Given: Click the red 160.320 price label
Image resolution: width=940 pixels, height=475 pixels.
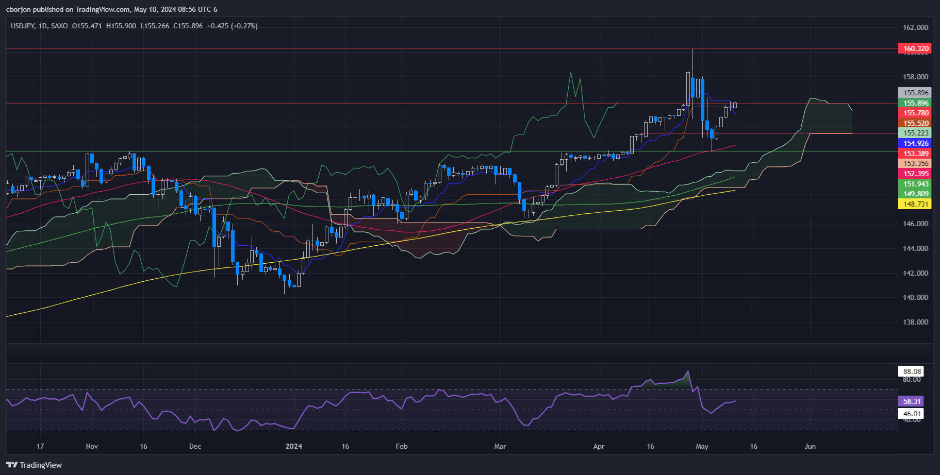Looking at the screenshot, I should [916, 49].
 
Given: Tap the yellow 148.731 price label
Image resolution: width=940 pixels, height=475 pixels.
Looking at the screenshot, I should [916, 204].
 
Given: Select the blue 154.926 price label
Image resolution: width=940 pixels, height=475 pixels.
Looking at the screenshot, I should [916, 143].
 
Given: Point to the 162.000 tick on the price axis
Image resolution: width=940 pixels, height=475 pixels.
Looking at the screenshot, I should [915, 27].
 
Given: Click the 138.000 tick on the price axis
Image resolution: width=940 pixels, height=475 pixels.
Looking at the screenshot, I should [915, 322].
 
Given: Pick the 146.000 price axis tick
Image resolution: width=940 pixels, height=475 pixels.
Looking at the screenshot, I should [915, 224].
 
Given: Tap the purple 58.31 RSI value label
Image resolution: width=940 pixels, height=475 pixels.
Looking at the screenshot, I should [911, 401].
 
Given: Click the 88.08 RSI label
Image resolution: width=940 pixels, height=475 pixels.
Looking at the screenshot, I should [912, 371].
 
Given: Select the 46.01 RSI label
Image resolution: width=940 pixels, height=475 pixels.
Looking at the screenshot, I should [912, 414].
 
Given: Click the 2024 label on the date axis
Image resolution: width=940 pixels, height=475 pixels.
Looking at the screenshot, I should [294, 446].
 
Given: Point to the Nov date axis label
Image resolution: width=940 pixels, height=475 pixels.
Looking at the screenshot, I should [92, 446].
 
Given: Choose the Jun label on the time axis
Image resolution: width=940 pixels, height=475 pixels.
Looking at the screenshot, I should [810, 446].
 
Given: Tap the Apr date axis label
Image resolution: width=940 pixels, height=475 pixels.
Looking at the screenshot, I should [599, 446].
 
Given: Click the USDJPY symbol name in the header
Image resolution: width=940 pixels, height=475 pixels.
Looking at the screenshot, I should [23, 26].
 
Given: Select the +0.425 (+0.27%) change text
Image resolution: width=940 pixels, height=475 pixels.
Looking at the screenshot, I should [232, 26].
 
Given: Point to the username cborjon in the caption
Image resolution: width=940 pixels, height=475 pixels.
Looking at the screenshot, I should [19, 9].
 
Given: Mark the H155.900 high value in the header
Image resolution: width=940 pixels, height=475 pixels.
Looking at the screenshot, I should [121, 26].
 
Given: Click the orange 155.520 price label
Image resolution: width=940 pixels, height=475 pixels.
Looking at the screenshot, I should [916, 123].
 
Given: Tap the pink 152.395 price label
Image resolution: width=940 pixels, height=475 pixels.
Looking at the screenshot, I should [916, 174].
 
